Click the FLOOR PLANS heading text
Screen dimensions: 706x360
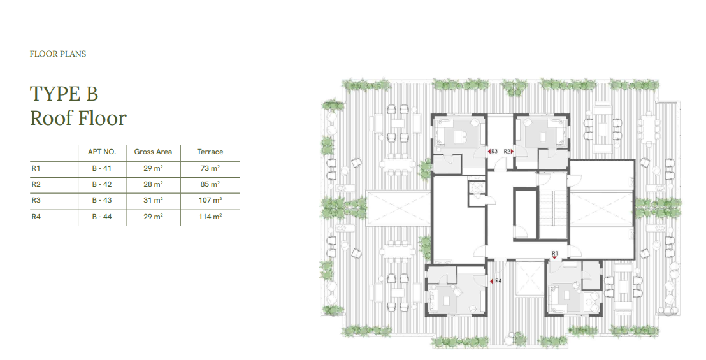(57, 54)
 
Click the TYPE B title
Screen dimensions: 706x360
(64, 94)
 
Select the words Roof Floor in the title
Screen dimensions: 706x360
(78, 118)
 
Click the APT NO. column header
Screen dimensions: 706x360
(102, 152)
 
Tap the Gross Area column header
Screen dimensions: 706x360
(153, 152)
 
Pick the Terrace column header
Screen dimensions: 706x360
(210, 152)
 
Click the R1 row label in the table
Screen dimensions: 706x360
(36, 168)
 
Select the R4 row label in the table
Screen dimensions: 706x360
(36, 217)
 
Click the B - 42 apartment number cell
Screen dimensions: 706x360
(102, 184)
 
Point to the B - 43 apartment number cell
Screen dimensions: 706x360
(102, 200)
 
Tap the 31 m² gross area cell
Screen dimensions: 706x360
(153, 200)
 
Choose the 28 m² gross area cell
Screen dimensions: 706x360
(153, 184)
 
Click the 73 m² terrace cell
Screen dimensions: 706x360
(210, 168)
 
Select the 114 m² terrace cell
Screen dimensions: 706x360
(210, 217)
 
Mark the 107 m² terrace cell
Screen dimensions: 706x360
(210, 200)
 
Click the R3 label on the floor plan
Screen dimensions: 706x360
(494, 152)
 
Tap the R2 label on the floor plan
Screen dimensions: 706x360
(507, 152)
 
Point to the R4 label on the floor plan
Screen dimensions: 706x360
(498, 281)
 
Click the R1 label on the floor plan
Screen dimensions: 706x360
(555, 254)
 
